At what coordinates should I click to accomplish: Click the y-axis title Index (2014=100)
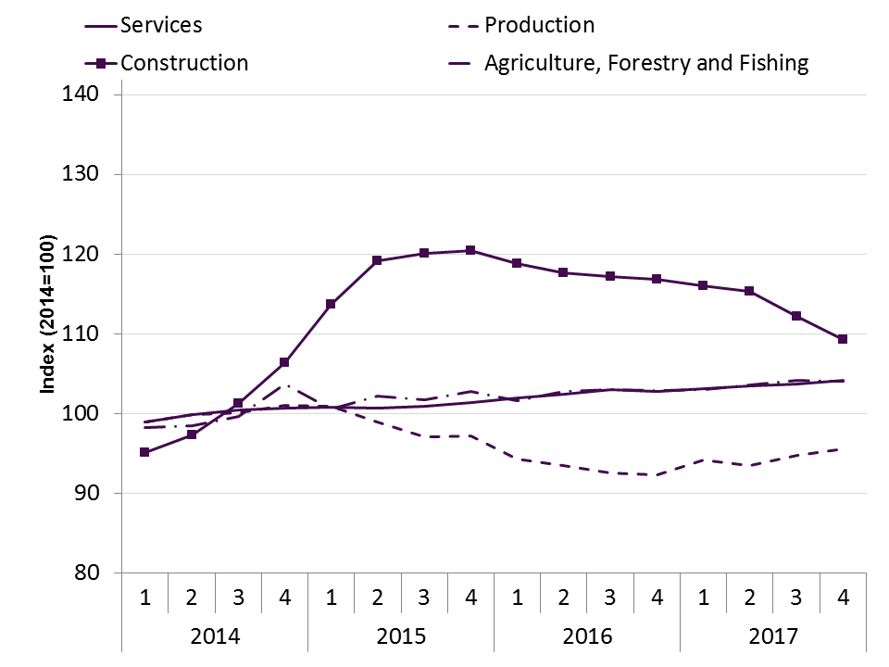point(46,333)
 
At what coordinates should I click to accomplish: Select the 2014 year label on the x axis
point(215,637)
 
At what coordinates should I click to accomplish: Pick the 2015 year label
point(401,637)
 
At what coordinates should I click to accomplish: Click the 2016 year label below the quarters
point(587,637)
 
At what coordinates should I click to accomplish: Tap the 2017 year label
point(773,637)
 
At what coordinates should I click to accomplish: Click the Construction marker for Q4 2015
point(470,250)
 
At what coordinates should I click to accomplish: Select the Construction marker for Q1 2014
point(145,452)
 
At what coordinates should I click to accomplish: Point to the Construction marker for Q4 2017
point(843,339)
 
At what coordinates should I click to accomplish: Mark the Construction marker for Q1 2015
point(331,304)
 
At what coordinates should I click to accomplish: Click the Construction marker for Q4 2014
point(284,362)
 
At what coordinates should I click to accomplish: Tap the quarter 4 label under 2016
point(657,598)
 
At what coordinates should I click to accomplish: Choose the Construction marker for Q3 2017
point(796,316)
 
